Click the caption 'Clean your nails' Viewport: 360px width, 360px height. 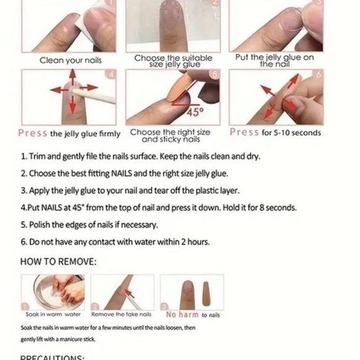[x=71, y=60]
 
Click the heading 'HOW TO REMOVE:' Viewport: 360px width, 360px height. [x=58, y=261]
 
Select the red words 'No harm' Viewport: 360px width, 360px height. [x=182, y=315]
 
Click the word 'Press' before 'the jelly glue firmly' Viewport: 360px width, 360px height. [x=33, y=133]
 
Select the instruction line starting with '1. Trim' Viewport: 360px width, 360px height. [x=140, y=156]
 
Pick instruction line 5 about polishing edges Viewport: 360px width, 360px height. [x=89, y=225]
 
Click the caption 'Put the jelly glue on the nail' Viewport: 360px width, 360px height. [x=274, y=60]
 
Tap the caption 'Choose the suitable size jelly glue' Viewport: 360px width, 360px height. [x=173, y=60]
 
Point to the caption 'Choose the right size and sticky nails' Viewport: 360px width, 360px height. [x=170, y=135]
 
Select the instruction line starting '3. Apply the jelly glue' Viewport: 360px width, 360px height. [x=130, y=191]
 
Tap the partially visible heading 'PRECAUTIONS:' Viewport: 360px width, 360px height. [x=53, y=357]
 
